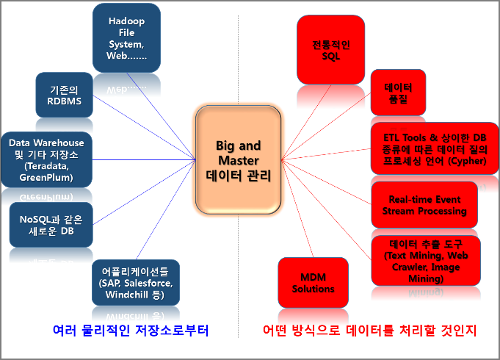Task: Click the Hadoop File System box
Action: [126, 38]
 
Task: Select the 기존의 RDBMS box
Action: [64, 95]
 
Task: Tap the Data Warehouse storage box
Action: [46, 159]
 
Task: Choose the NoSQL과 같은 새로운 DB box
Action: [51, 225]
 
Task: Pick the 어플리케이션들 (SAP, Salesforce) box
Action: [136, 283]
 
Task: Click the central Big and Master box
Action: [238, 160]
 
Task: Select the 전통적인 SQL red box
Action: [330, 50]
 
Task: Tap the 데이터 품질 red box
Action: [398, 93]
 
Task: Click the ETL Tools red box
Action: [435, 148]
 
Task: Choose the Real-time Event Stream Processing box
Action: [424, 205]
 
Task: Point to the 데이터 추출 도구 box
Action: [426, 261]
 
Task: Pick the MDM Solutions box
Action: [313, 283]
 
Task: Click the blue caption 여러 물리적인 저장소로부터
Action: [131, 331]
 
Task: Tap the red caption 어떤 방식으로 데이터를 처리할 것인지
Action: [370, 331]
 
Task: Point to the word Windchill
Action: [126, 295]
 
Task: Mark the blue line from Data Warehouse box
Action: [144, 159]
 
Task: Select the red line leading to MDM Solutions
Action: [297, 209]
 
